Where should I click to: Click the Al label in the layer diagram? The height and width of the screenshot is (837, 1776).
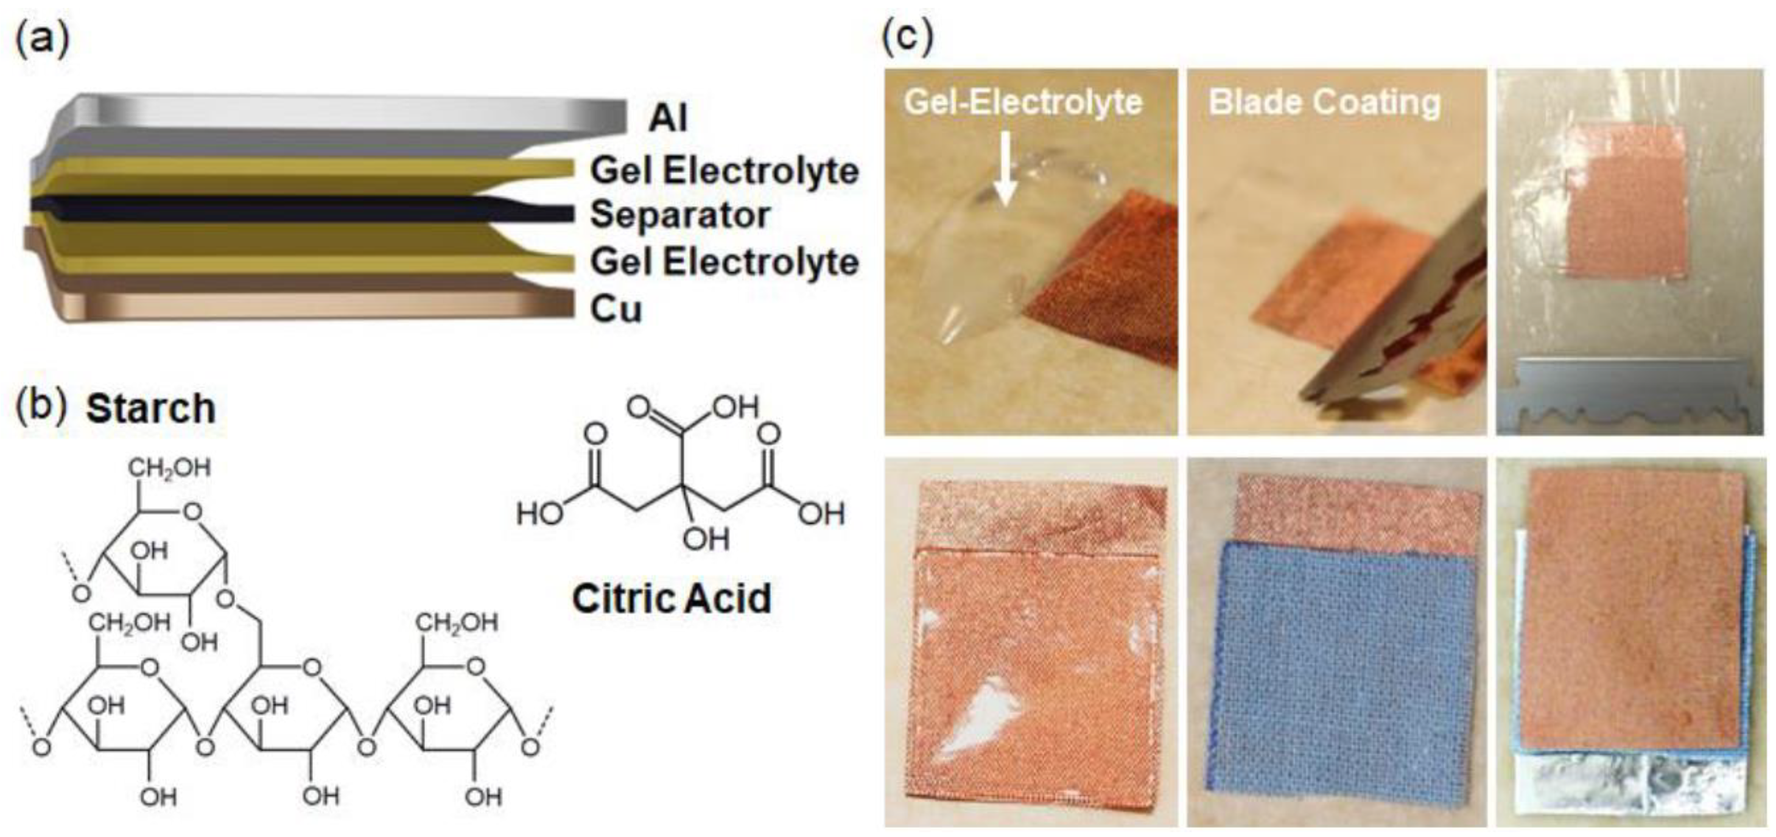[x=667, y=118]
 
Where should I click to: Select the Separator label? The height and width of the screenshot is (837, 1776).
[x=679, y=214]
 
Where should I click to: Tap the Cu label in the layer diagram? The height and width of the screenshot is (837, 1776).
[x=616, y=310]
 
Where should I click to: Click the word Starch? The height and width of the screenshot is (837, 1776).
[x=150, y=408]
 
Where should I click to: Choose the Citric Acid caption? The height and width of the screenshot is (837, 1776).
[x=672, y=598]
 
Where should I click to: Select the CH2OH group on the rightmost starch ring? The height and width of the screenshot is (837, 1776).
[x=456, y=623]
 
